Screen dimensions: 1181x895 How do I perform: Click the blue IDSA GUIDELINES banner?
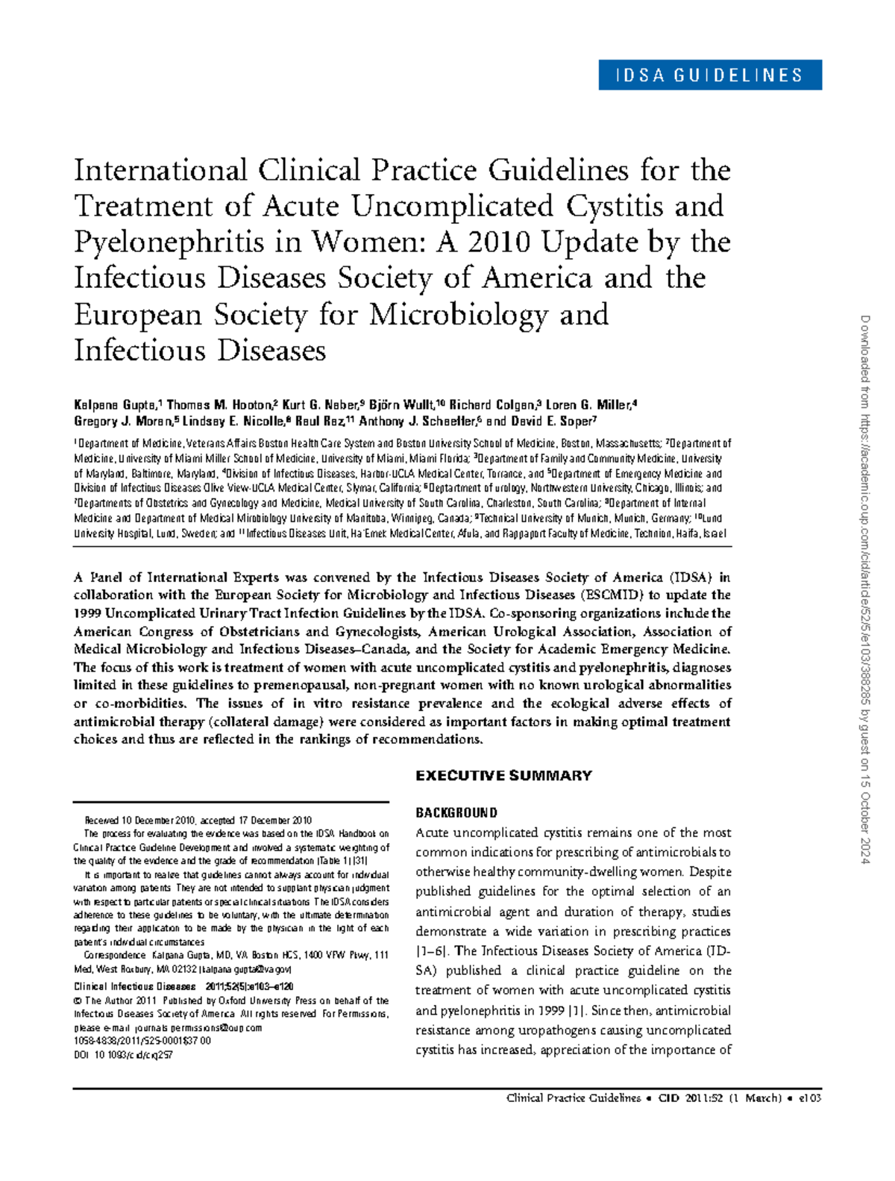pyautogui.click(x=709, y=75)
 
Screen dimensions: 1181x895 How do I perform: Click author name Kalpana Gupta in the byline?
pyautogui.click(x=116, y=405)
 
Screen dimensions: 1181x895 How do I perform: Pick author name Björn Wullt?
pyautogui.click(x=403, y=405)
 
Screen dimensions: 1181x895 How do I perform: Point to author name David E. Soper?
pyautogui.click(x=553, y=421)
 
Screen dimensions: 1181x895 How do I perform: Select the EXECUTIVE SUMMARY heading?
pyautogui.click(x=503, y=776)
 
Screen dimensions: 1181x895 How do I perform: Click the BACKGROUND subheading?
pyautogui.click(x=456, y=812)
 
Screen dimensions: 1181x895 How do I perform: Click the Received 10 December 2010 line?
pyautogui.click(x=198, y=821)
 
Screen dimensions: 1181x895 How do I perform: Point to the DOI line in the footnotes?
pyautogui.click(x=123, y=1055)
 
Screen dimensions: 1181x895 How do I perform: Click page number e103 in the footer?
pyautogui.click(x=809, y=1098)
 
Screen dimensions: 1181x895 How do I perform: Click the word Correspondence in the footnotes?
pyautogui.click(x=115, y=955)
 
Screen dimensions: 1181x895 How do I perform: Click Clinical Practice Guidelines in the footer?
pyautogui.click(x=573, y=1098)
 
